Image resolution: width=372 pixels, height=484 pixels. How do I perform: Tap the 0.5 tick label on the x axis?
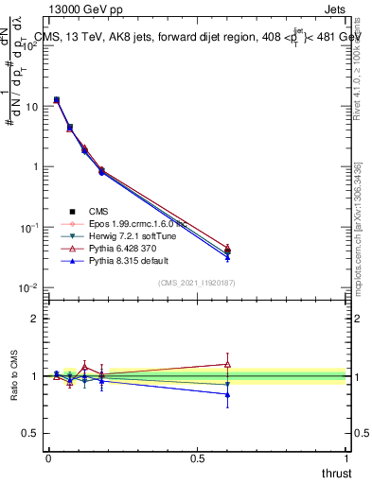[x=197, y=457]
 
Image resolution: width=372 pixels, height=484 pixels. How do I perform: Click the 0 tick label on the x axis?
[x=48, y=457]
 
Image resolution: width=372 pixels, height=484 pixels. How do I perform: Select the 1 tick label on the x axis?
[x=345, y=457]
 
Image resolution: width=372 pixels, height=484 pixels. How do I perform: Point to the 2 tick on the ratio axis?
[x=35, y=319]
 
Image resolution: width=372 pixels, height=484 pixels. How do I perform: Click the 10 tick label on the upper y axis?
[x=31, y=107]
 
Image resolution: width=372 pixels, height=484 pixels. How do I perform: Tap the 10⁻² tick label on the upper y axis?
[x=29, y=287]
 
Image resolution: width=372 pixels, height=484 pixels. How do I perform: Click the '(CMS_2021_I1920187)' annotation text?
[x=195, y=283]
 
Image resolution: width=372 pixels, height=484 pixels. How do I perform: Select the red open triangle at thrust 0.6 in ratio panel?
[x=227, y=364]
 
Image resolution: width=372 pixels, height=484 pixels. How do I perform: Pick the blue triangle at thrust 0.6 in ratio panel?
[x=227, y=395]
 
